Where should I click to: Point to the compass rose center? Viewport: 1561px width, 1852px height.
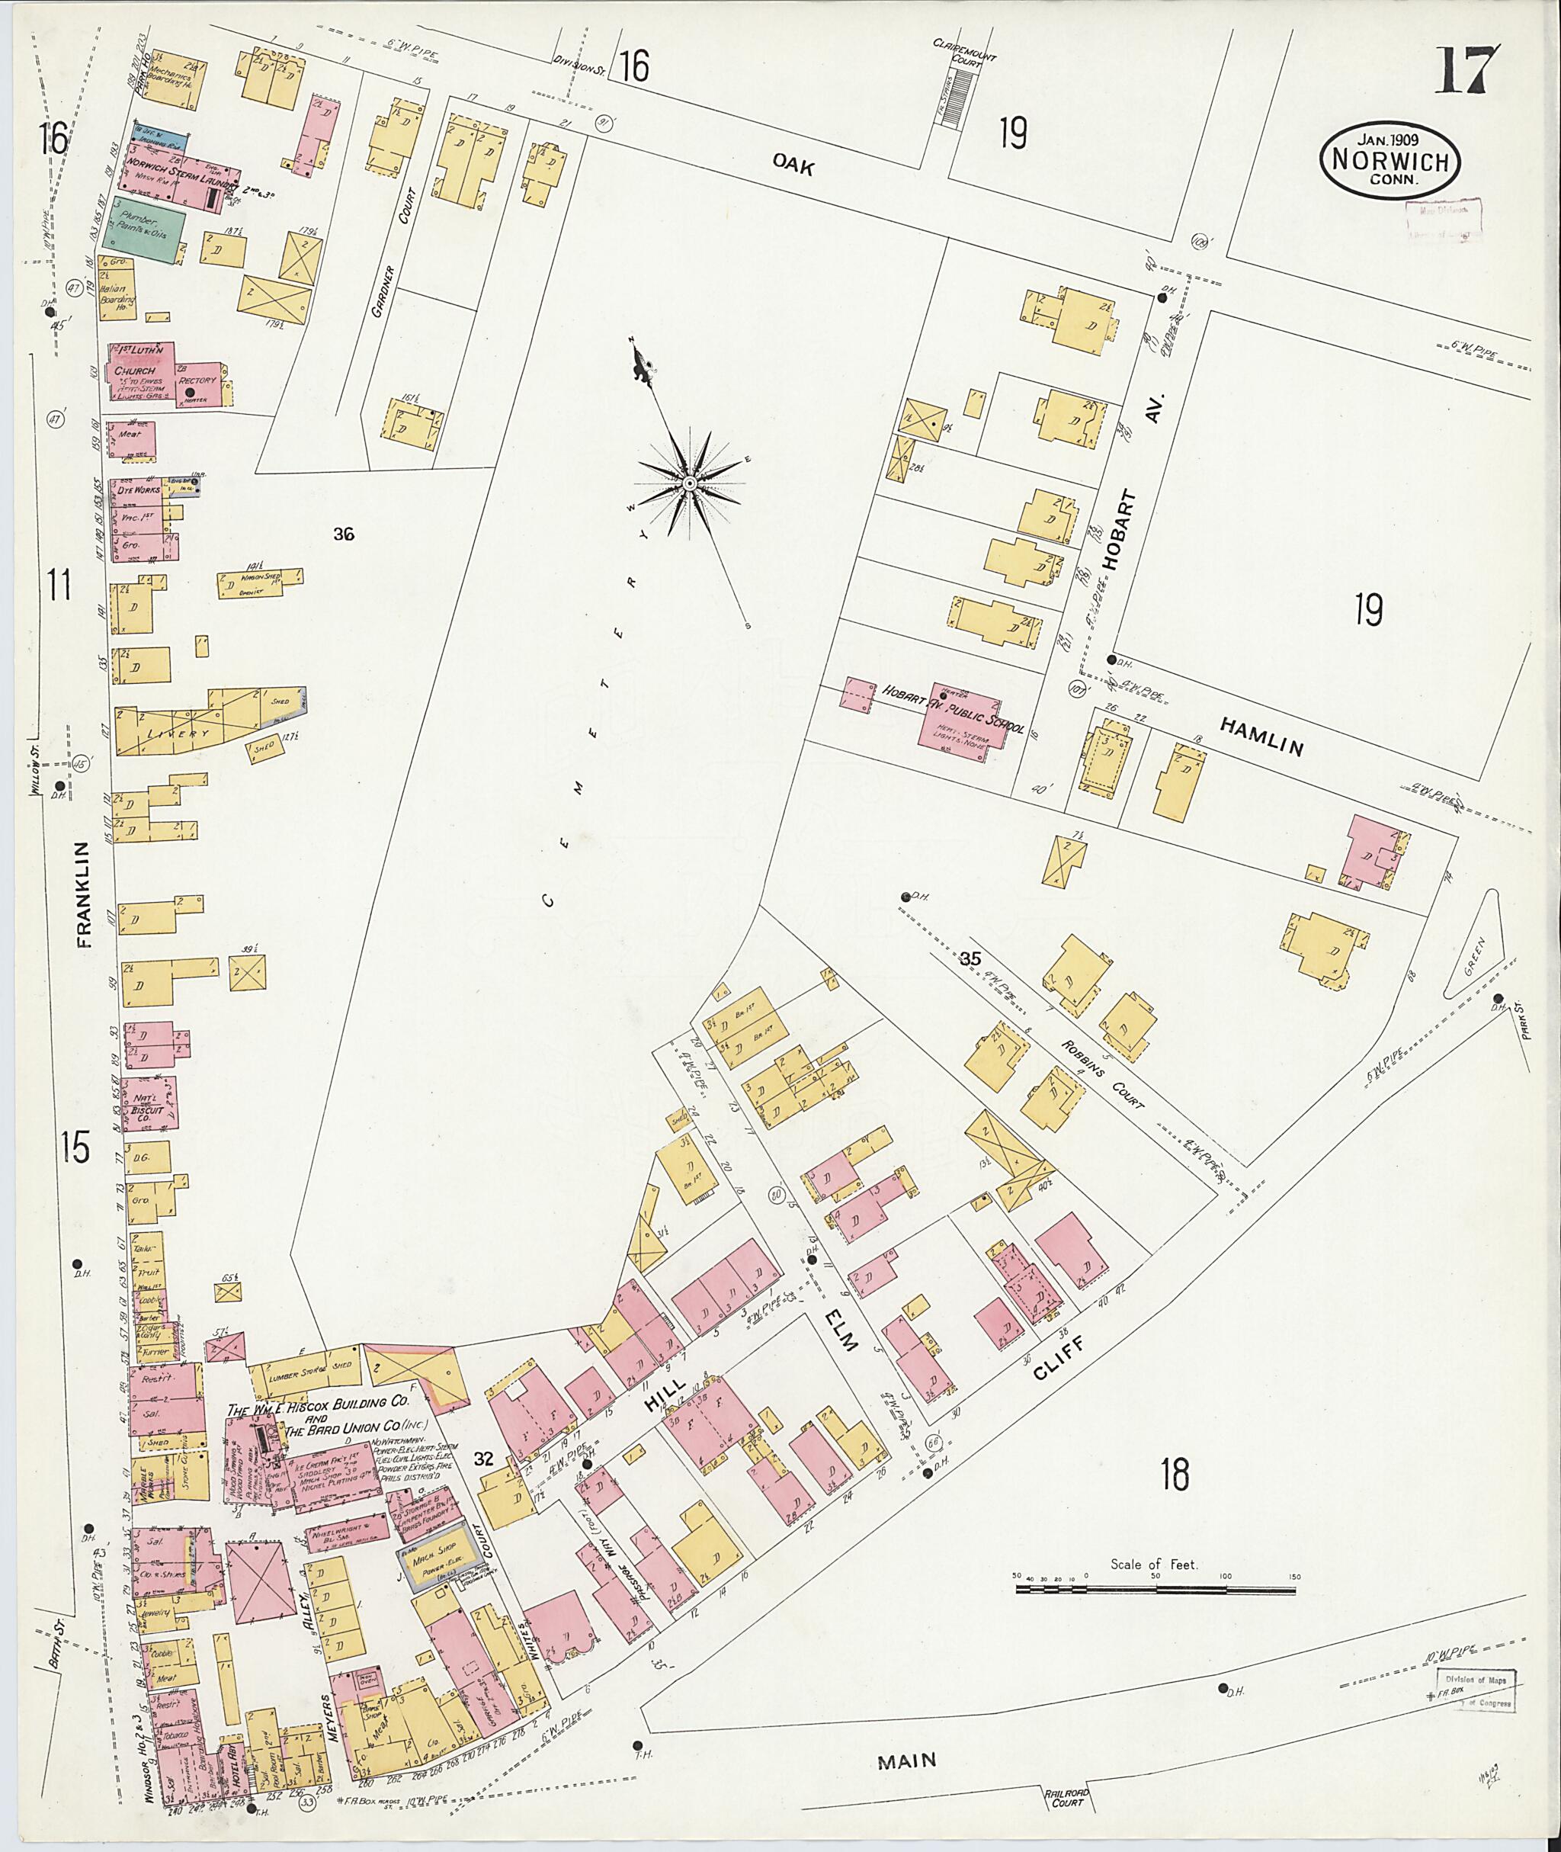coord(688,483)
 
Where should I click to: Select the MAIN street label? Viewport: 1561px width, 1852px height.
coord(907,1737)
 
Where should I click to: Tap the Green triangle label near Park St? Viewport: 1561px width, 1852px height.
coord(1477,958)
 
